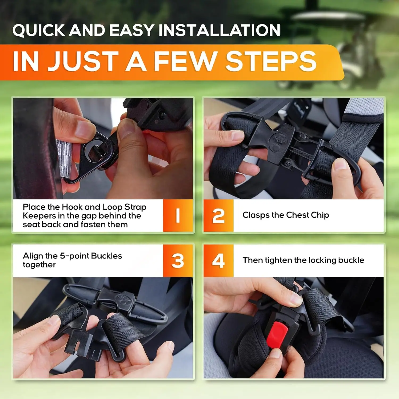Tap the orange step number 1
click(178, 215)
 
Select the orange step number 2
click(218, 215)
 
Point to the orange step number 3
click(178, 261)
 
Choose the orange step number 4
click(218, 261)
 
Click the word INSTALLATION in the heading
click(219, 30)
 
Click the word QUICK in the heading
click(39, 30)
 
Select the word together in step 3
click(39, 265)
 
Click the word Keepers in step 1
click(39, 216)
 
